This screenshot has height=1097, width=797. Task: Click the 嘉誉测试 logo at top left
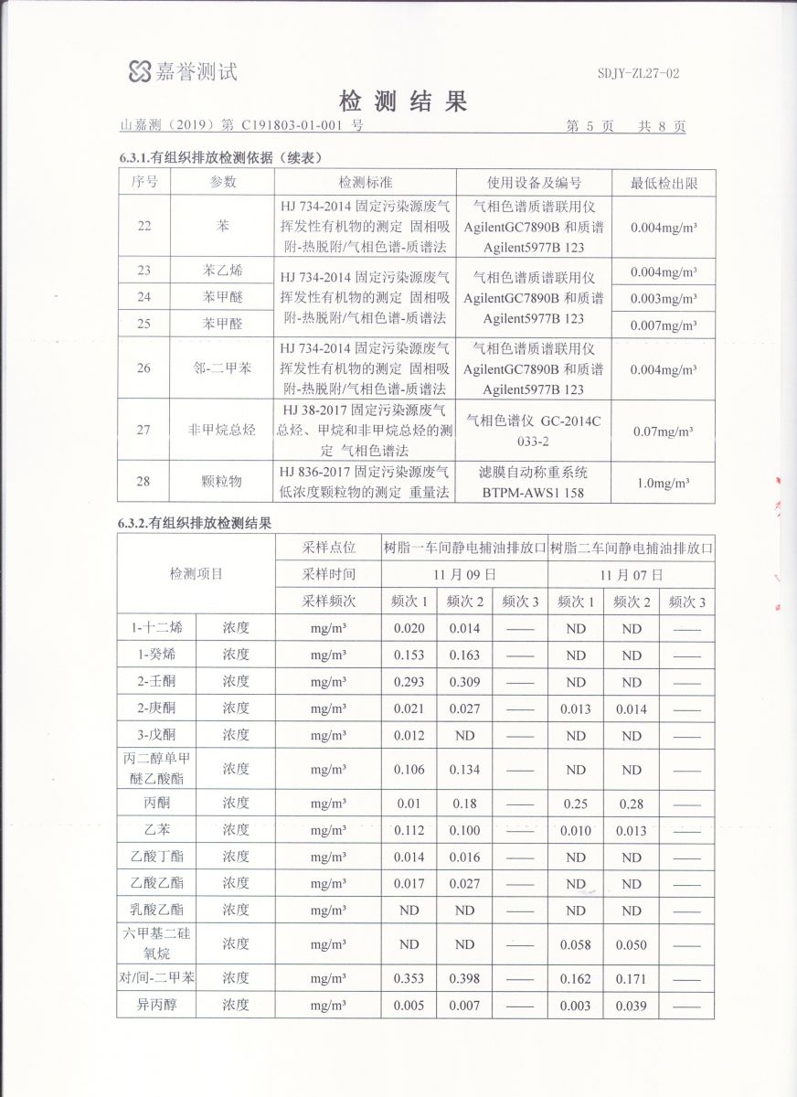[183, 70]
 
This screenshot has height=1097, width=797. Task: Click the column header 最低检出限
[664, 183]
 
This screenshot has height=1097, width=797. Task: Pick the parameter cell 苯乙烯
[223, 271]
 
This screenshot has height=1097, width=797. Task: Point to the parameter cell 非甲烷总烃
[223, 430]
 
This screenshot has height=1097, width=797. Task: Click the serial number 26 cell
[144, 368]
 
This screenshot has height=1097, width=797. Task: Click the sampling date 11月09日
[465, 575]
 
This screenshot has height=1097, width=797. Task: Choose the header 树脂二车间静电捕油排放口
[632, 548]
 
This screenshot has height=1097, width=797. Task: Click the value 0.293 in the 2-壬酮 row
[409, 682]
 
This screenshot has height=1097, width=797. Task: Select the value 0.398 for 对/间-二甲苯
[464, 978]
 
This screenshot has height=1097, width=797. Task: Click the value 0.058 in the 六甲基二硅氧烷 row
[575, 943]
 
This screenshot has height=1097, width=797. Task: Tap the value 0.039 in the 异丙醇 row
[632, 1006]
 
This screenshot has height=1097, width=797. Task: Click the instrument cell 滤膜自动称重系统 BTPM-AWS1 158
[535, 482]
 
